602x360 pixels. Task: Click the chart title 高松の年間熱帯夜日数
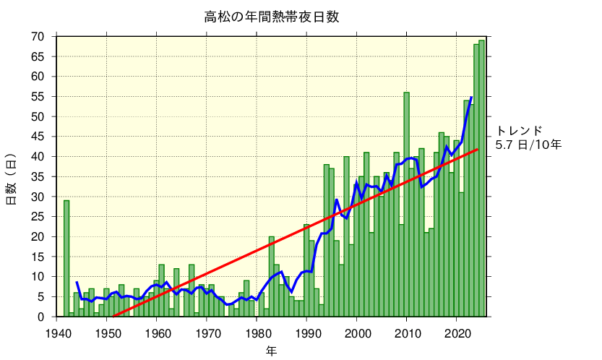[x=272, y=17]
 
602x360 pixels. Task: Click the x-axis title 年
[x=271, y=351]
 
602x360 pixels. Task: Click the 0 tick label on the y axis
[x=41, y=317]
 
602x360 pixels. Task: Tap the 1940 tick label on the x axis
[x=57, y=333]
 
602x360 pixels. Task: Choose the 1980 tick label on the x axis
[x=257, y=333]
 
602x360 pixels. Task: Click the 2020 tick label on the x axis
[x=457, y=333]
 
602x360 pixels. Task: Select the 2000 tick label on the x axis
[x=358, y=333]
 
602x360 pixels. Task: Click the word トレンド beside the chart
[x=519, y=131]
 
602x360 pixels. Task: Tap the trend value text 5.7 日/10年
[x=528, y=145]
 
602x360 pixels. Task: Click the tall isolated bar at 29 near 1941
[x=66, y=259]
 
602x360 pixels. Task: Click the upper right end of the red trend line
[x=477, y=150]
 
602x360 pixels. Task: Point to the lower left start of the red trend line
[x=113, y=316]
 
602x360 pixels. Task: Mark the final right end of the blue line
[x=471, y=97]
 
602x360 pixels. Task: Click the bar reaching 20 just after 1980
[x=272, y=277]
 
